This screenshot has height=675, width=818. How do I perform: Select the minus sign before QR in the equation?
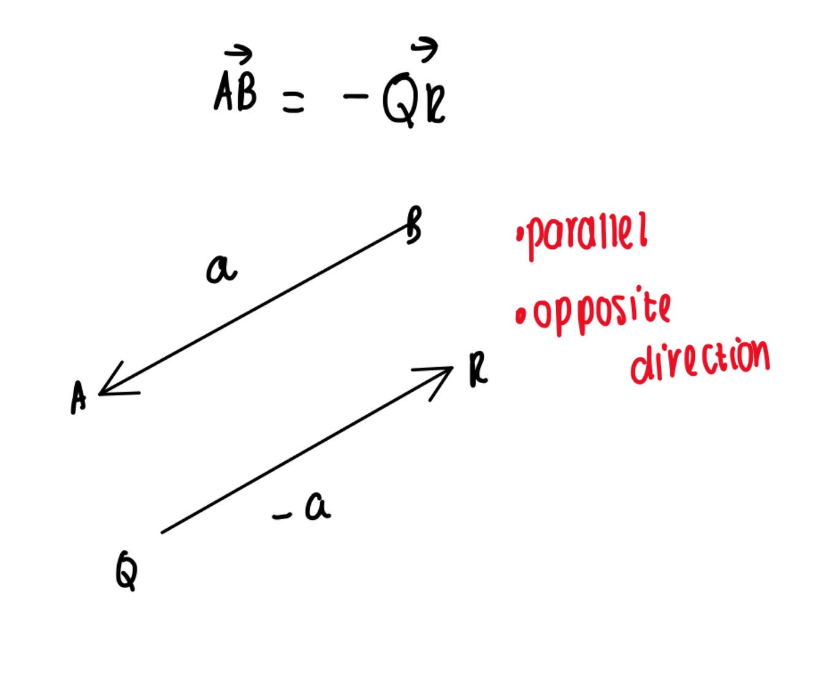tap(356, 96)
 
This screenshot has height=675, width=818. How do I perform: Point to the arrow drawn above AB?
tap(239, 55)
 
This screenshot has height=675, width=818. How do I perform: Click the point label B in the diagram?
tap(414, 226)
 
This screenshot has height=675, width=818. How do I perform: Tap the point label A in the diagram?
tap(78, 397)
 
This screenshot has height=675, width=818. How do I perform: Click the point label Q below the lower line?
tap(126, 570)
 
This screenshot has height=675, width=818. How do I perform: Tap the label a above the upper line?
tap(221, 269)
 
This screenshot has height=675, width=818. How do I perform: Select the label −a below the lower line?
tap(304, 508)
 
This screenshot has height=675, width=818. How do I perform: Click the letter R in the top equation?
tap(436, 106)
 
